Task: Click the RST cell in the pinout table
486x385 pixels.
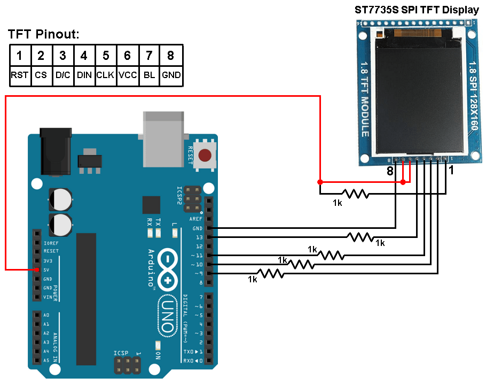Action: [x=19, y=75]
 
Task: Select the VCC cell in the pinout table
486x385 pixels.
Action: [x=128, y=75]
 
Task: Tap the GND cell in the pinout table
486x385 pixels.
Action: [x=171, y=75]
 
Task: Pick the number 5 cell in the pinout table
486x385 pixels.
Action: [x=106, y=55]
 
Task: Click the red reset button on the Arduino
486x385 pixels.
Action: [x=204, y=156]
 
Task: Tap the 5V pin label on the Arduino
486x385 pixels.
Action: [x=47, y=270]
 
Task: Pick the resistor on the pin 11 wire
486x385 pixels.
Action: [x=331, y=255]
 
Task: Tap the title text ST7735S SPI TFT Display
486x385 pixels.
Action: [x=417, y=10]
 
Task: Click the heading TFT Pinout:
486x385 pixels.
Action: [x=43, y=35]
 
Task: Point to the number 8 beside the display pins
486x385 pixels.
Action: [x=390, y=172]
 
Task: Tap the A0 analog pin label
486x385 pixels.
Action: [x=47, y=315]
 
